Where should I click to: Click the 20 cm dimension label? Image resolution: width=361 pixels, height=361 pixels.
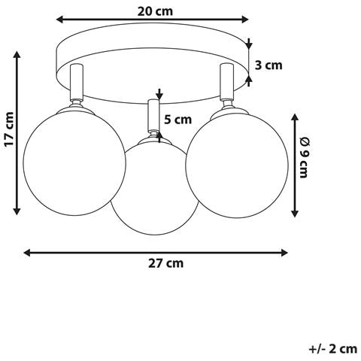[155, 11]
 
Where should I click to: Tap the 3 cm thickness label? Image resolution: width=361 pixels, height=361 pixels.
[268, 65]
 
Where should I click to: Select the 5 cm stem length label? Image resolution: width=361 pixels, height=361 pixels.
[177, 120]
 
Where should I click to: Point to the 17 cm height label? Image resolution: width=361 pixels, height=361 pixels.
[9, 129]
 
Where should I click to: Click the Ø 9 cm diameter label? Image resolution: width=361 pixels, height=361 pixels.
[304, 157]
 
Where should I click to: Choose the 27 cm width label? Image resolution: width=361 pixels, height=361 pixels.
[165, 263]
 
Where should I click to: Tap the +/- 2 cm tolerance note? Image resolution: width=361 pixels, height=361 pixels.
[332, 349]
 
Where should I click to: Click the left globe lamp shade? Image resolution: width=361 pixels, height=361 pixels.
[74, 163]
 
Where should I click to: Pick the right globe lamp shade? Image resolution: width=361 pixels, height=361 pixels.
[237, 166]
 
